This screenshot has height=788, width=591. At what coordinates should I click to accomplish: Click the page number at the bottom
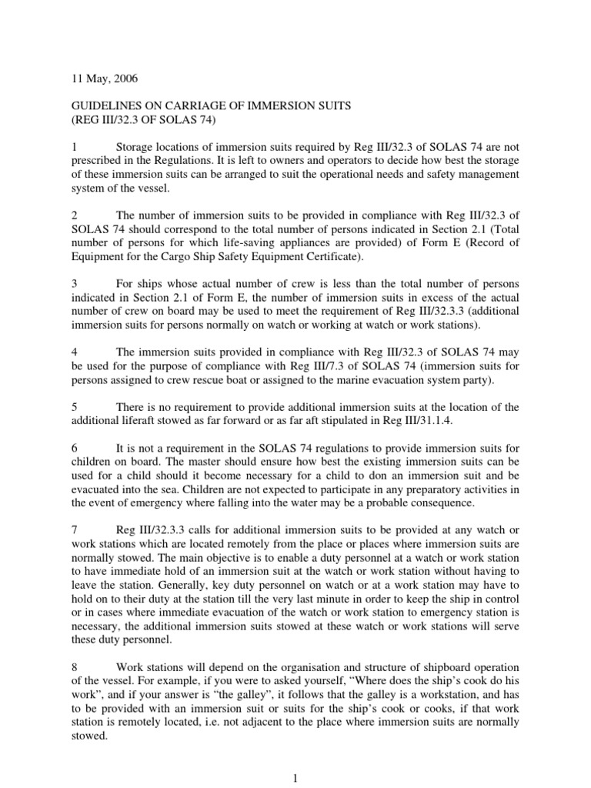click(295, 778)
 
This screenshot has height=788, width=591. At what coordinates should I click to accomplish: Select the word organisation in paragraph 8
click(306, 666)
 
